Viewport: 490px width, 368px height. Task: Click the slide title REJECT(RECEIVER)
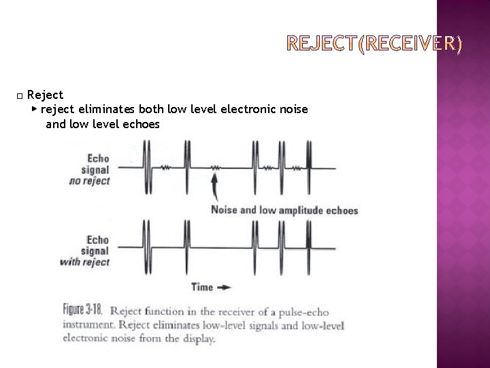tap(374, 46)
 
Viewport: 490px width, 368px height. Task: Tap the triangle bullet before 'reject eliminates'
tap(34, 109)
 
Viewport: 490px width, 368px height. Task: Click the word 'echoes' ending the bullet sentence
tap(142, 124)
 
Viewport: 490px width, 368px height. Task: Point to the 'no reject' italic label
tap(90, 181)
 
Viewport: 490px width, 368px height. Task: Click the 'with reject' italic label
tap(85, 262)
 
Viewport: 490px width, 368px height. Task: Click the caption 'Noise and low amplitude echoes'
tap(284, 210)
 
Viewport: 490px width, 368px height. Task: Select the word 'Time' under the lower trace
tap(202, 287)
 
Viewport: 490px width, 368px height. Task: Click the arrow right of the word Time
tap(225, 287)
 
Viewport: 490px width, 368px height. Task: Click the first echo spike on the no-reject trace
tap(146, 168)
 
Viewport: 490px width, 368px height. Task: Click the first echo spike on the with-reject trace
tap(146, 247)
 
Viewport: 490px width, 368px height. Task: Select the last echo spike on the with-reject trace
tap(308, 247)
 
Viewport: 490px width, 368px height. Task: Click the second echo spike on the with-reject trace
tap(185, 247)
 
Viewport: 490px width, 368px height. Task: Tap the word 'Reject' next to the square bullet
tap(45, 95)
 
